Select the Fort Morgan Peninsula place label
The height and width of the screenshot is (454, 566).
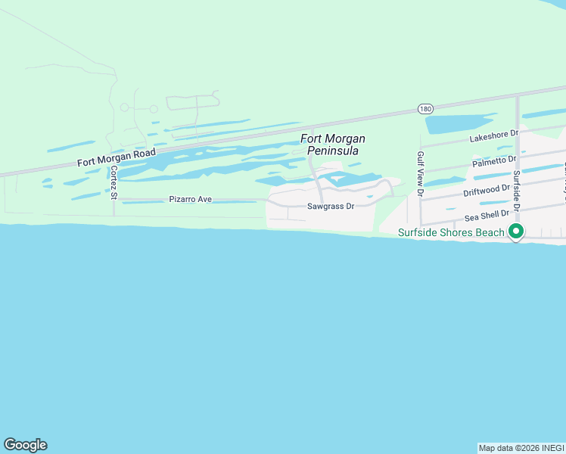(x=333, y=145)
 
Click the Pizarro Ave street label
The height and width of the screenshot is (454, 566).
(x=190, y=199)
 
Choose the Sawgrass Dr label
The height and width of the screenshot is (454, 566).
(x=331, y=206)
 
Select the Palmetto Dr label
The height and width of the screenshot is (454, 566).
(x=493, y=161)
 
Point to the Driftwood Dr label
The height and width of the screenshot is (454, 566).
(x=487, y=188)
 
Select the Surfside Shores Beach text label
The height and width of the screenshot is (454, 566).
(x=451, y=232)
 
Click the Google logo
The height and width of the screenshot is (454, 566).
(x=25, y=445)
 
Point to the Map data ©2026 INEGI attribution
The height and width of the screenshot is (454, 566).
(x=521, y=448)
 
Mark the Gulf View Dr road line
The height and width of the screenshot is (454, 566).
(x=420, y=208)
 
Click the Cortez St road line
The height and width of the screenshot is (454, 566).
(x=114, y=208)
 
